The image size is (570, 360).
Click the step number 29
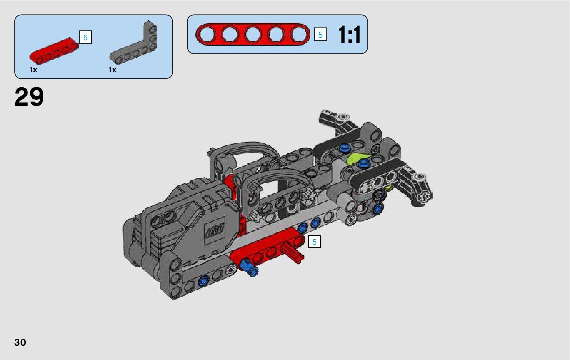pos(29,96)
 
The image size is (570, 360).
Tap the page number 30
pos(20,342)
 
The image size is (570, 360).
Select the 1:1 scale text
pos(349,35)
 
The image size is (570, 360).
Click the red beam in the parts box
pos(54,51)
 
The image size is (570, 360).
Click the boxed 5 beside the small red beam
pos(85,37)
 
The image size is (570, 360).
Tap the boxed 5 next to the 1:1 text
pos(320,35)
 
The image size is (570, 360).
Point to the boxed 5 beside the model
pos(315,242)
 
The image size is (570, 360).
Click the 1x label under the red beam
pos(33,70)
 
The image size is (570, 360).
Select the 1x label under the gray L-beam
pos(112,70)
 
